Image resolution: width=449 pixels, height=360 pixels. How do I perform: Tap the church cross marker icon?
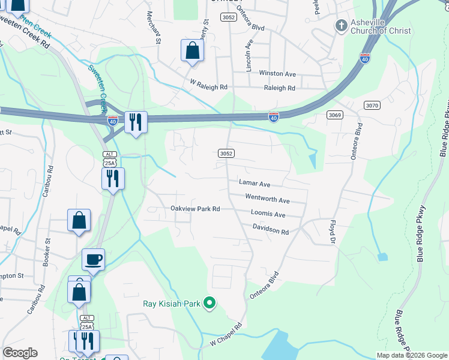pyautogui.click(x=341, y=25)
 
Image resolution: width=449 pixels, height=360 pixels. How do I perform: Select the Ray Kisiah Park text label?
pyautogui.click(x=171, y=304)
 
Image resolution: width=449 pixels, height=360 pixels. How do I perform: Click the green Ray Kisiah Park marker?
pyautogui.click(x=209, y=303)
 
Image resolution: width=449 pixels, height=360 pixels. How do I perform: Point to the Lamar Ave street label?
pyautogui.click(x=255, y=184)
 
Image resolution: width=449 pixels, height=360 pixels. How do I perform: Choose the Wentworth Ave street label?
pyautogui.click(x=267, y=200)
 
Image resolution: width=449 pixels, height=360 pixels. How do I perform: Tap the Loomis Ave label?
pyautogui.click(x=268, y=214)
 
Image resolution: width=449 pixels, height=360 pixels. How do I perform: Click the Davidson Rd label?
pyautogui.click(x=271, y=231)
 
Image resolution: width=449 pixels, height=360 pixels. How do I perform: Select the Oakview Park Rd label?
pyautogui.click(x=196, y=209)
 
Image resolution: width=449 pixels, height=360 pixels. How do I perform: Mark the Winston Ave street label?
pyautogui.click(x=277, y=74)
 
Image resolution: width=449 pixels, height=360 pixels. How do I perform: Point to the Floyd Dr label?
pyautogui.click(x=332, y=232)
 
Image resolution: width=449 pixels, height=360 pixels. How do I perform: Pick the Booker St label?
pyautogui.click(x=46, y=254)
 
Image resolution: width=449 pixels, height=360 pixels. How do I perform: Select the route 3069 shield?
pyautogui.click(x=335, y=115)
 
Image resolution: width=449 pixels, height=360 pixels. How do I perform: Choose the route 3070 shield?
pyautogui.click(x=372, y=105)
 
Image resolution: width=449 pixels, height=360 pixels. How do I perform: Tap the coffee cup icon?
pyautogui.click(x=93, y=260)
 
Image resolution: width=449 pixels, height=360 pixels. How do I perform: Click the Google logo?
pyautogui.click(x=20, y=353)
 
